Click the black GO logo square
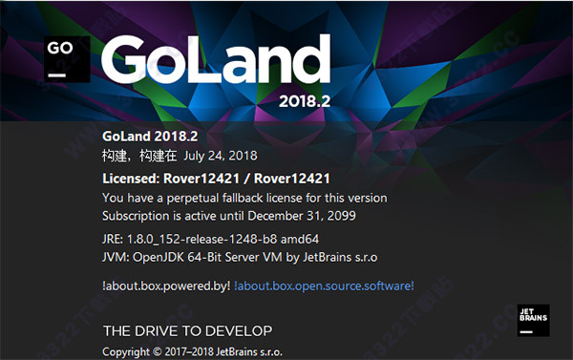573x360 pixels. pyautogui.click(x=63, y=58)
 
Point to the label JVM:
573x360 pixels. pyautogui.click(x=116, y=257)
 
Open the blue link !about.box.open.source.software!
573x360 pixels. pyautogui.click(x=325, y=285)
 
